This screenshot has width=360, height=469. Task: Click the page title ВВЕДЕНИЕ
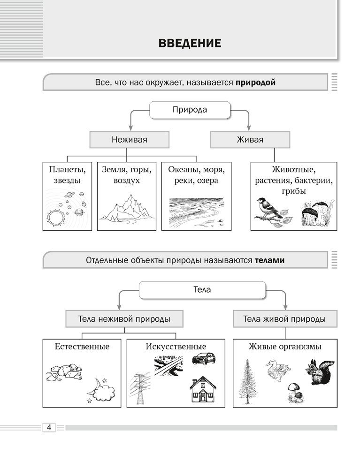point(190,44)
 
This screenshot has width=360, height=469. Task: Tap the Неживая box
point(129,140)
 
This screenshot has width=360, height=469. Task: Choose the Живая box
point(250,140)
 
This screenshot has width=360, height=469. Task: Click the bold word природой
point(255,82)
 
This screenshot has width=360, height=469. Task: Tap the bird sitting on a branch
point(269,209)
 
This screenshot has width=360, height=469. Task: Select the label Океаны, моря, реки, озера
point(196,174)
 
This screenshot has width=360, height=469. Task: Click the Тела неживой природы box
point(124,319)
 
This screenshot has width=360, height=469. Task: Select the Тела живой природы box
point(284,319)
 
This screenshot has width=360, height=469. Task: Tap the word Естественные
point(82,347)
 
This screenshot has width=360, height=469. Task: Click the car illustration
point(204,359)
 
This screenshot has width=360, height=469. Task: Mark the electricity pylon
point(141,388)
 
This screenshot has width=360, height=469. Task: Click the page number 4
point(49,427)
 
